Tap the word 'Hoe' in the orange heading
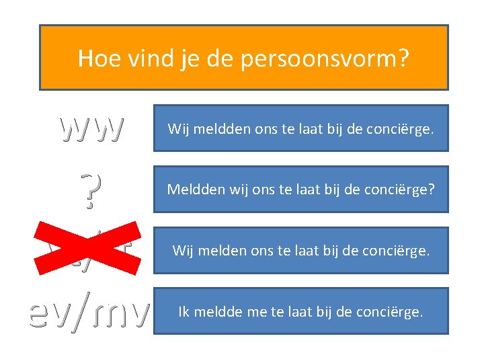point(96,58)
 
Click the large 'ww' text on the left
point(91,127)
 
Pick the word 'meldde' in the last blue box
point(219,312)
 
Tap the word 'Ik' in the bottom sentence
point(184,312)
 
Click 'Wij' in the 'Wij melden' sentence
point(183,251)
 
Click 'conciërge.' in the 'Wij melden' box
point(399,251)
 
